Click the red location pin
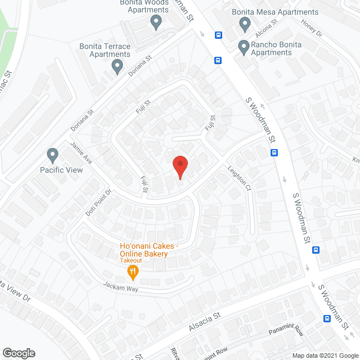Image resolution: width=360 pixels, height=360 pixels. [x=179, y=166]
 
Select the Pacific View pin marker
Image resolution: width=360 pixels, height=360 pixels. [x=52, y=155]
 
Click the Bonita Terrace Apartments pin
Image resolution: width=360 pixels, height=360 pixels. [x=117, y=66]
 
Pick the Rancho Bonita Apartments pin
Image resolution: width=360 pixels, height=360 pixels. [x=244, y=47]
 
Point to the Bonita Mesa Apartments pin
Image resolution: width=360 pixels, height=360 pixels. [x=245, y=24]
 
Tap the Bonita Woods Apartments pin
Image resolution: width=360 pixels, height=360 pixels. [x=156, y=22]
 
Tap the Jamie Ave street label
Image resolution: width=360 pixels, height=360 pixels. [x=81, y=152]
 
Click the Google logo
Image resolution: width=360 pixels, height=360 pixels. [x=18, y=353]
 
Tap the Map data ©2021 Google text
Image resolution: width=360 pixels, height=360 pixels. [x=324, y=355]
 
